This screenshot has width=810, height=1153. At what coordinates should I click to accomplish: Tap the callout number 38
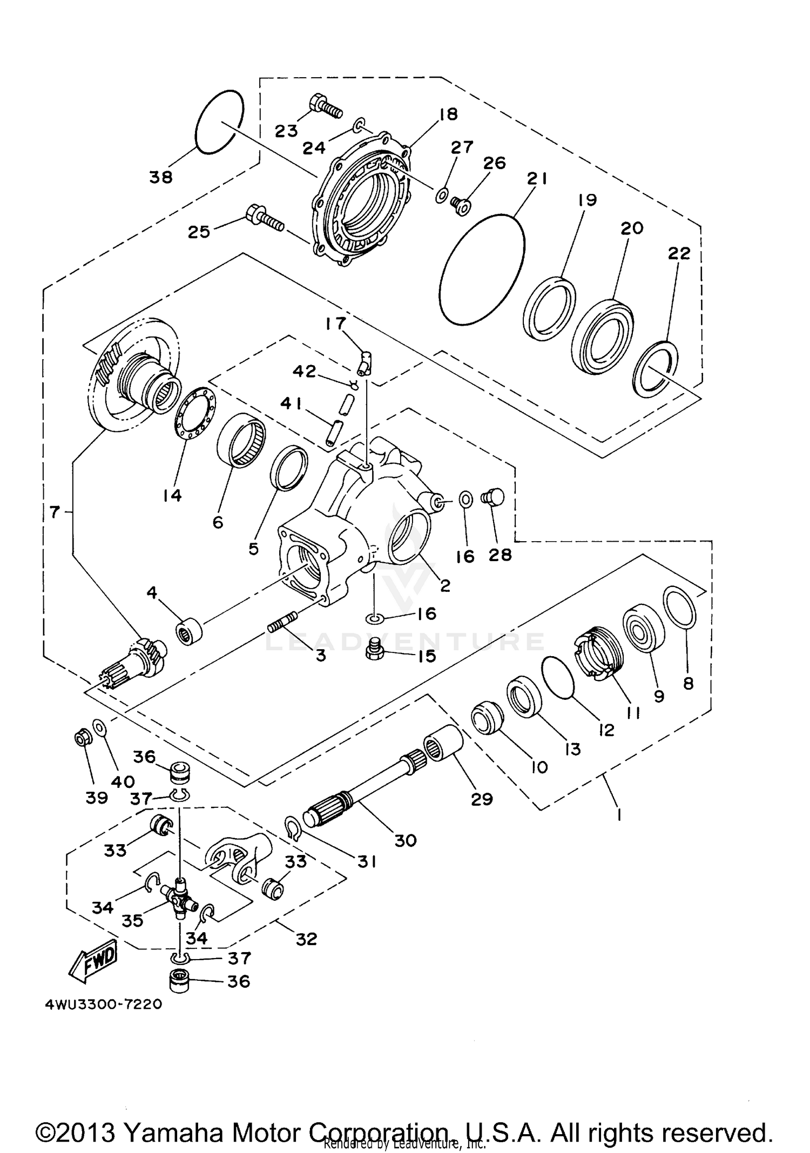point(160,177)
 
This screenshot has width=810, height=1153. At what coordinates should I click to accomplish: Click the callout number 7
point(54,511)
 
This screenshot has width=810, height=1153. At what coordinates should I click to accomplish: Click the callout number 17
point(335,323)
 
